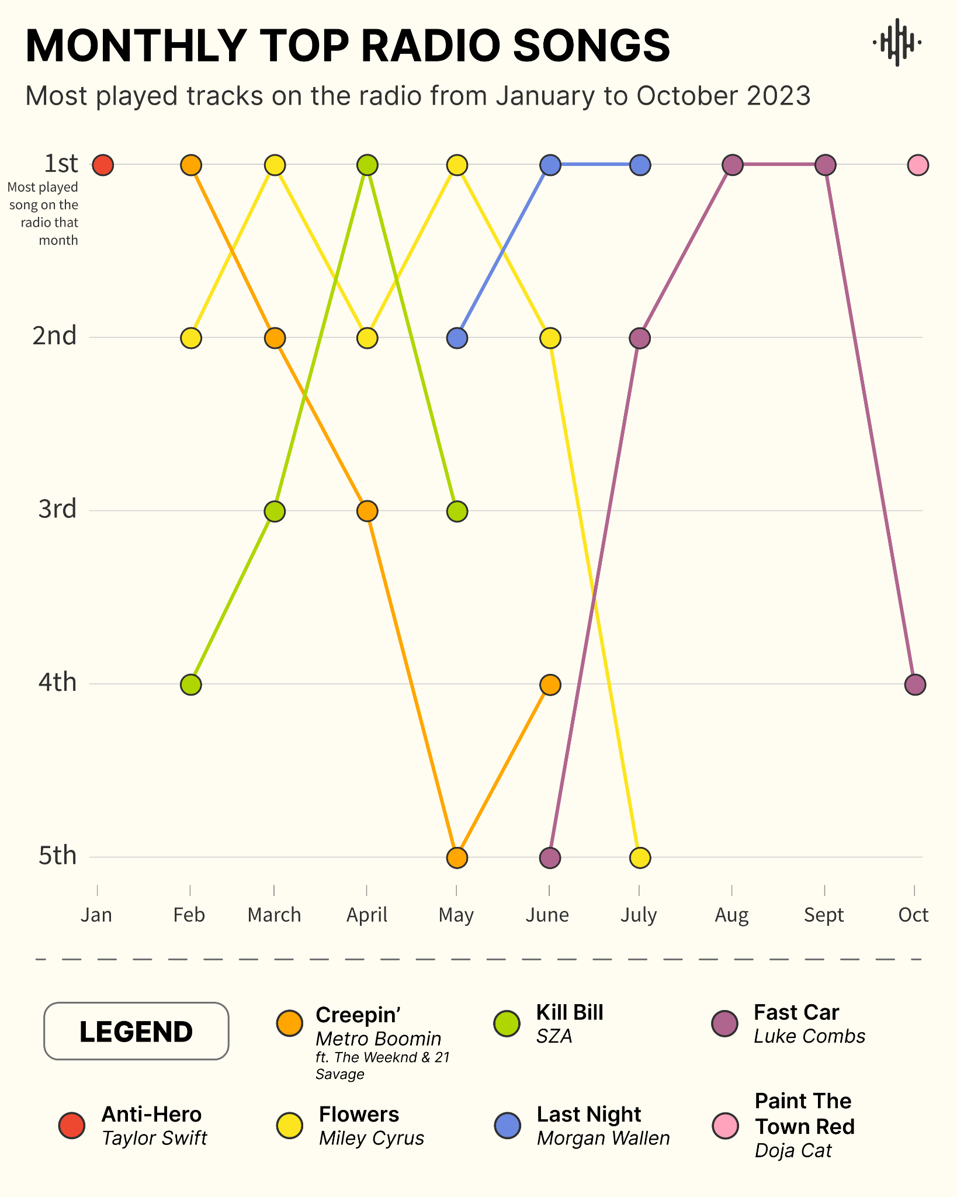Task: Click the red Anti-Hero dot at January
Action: pyautogui.click(x=103, y=165)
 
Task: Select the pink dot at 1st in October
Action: pyautogui.click(x=918, y=165)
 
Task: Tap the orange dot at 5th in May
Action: pyautogui.click(x=457, y=858)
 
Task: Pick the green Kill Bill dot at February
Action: pyautogui.click(x=191, y=684)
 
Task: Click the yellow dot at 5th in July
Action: pyautogui.click(x=640, y=858)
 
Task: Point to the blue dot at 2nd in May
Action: pyautogui.click(x=457, y=338)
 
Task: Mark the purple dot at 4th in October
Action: pyautogui.click(x=916, y=684)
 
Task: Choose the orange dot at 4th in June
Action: pyautogui.click(x=550, y=684)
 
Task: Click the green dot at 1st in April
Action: pyautogui.click(x=367, y=165)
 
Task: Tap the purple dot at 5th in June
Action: pyautogui.click(x=550, y=858)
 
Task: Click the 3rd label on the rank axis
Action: pyautogui.click(x=57, y=510)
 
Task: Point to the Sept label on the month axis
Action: pyautogui.click(x=824, y=915)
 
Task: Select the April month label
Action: pyautogui.click(x=367, y=915)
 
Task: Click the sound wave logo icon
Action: pyautogui.click(x=897, y=42)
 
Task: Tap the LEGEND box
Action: pyautogui.click(x=136, y=1032)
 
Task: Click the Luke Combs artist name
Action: pyautogui.click(x=809, y=1037)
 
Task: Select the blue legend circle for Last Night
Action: pyautogui.click(x=507, y=1126)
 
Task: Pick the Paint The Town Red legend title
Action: pyautogui.click(x=805, y=1114)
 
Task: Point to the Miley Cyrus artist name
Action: pyautogui.click(x=372, y=1139)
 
